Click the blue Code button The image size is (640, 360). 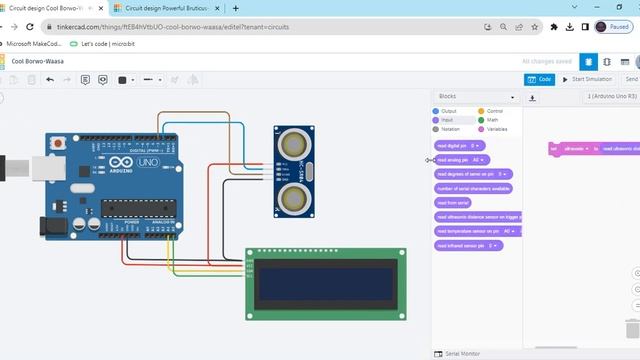(x=539, y=79)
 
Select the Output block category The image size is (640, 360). (x=448, y=111)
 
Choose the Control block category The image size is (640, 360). (x=494, y=111)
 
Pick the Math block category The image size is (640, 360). (x=491, y=120)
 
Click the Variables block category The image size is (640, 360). (x=496, y=129)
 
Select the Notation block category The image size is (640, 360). (x=450, y=129)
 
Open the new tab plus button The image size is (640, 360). (x=236, y=8)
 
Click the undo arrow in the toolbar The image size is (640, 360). (x=50, y=79)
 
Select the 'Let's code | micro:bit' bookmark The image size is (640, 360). (x=105, y=44)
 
